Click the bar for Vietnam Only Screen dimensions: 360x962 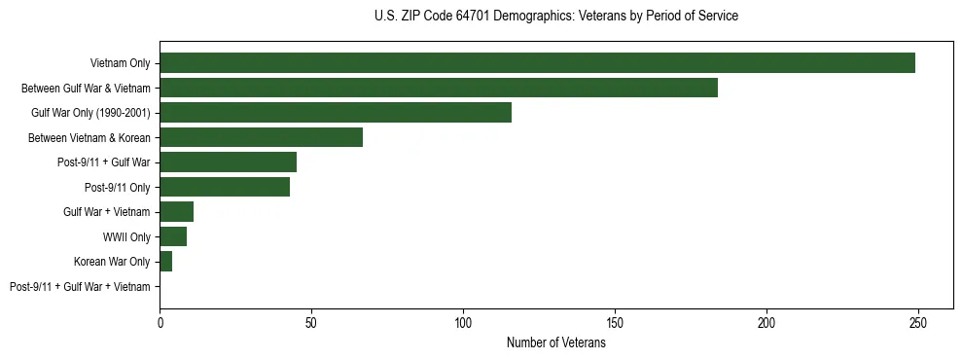(537, 63)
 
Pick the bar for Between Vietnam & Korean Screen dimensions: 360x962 (261, 137)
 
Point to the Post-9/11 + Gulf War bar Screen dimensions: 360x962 (228, 162)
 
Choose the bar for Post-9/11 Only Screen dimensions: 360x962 (225, 187)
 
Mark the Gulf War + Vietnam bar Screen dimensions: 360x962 (176, 212)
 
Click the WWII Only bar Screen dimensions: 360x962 (173, 236)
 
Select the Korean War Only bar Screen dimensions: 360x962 (165, 262)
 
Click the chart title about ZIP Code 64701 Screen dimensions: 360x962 (555, 17)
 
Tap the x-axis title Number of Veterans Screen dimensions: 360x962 (555, 343)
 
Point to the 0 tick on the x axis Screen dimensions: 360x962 (160, 321)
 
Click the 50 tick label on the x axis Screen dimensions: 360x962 (311, 321)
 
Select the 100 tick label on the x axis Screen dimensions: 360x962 (463, 321)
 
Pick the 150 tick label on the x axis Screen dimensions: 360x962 (615, 321)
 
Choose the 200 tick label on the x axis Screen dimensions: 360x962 (766, 321)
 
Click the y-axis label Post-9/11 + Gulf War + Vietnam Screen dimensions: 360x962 (80, 287)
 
